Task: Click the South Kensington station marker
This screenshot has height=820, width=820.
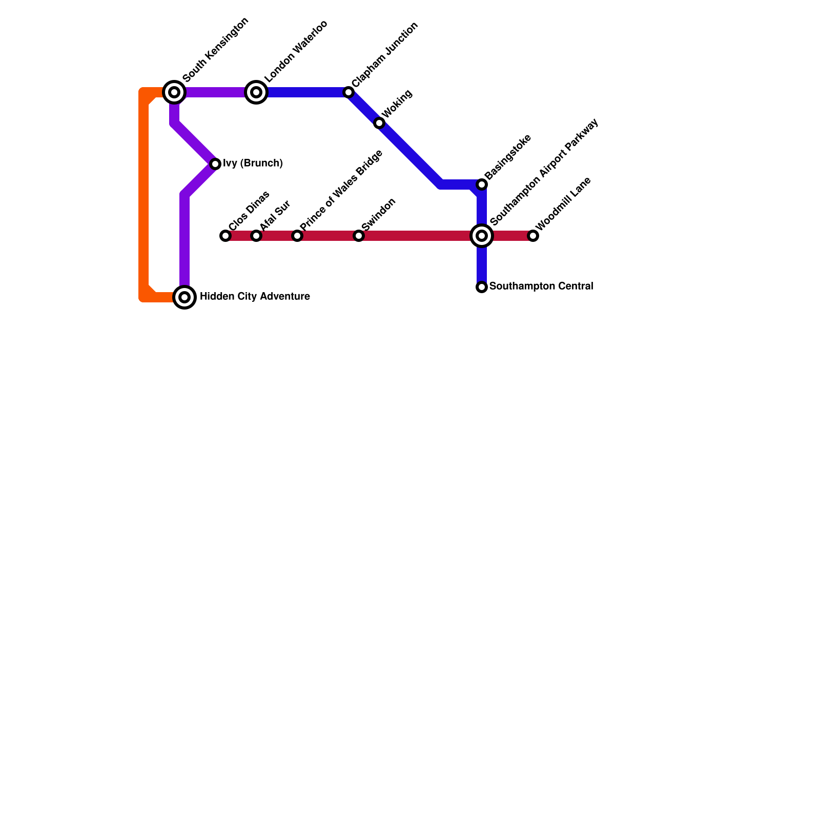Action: click(174, 92)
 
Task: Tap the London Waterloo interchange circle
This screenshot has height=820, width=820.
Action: click(256, 92)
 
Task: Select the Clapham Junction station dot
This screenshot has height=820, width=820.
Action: click(348, 92)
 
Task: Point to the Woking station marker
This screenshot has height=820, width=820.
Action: click(379, 123)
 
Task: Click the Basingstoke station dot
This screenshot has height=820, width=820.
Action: click(482, 184)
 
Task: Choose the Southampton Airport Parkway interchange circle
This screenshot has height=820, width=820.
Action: click(482, 236)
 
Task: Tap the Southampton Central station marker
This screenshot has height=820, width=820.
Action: click(482, 287)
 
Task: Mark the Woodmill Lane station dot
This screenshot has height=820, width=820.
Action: click(533, 236)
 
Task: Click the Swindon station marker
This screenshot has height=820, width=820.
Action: click(359, 236)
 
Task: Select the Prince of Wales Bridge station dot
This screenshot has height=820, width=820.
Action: click(297, 236)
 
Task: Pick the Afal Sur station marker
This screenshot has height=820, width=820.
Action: click(256, 236)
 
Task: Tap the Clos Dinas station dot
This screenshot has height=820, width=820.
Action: click(225, 236)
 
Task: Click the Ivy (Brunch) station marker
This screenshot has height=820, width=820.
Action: click(215, 164)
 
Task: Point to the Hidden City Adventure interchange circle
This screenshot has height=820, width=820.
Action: click(184, 297)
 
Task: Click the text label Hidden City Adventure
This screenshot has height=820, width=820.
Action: click(255, 297)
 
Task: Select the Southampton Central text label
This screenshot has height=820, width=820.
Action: click(541, 286)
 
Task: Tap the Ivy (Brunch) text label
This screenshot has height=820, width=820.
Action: click(253, 163)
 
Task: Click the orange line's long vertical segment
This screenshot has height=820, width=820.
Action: click(144, 195)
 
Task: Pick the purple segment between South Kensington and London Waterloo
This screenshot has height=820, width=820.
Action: click(215, 92)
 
